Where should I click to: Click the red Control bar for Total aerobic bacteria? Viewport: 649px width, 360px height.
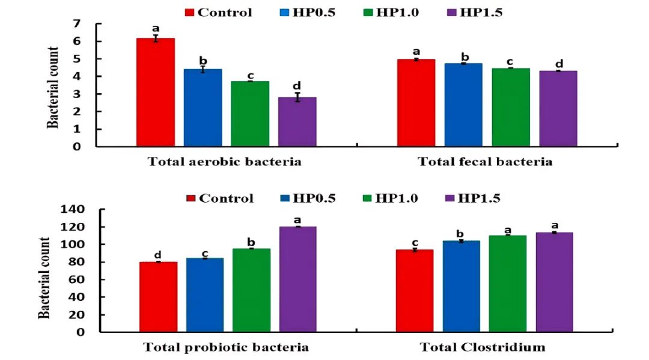[156, 93]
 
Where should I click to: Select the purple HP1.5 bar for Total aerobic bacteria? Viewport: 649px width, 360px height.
[297, 121]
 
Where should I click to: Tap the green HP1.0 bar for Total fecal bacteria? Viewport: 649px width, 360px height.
[511, 107]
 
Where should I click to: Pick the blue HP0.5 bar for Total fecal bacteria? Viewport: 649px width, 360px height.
[463, 105]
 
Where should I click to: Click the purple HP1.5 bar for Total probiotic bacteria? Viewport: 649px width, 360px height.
[298, 279]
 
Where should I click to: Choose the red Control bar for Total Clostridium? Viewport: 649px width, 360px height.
[415, 291]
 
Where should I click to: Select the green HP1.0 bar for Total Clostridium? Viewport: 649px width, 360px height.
[508, 284]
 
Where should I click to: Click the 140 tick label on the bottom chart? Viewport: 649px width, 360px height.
[73, 209]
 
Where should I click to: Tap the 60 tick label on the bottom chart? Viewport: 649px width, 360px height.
[76, 279]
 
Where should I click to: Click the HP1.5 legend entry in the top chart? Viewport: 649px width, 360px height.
[475, 13]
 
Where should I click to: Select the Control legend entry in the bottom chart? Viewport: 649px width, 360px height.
[220, 198]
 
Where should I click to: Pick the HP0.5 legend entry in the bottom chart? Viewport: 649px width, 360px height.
[308, 198]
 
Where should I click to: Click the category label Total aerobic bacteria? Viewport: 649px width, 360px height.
[225, 162]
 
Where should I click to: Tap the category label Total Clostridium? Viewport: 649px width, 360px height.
[483, 347]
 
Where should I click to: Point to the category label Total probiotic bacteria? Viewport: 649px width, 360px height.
[226, 347]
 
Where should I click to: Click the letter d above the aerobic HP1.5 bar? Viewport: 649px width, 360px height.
[297, 86]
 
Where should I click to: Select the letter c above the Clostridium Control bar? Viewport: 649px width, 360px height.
[415, 243]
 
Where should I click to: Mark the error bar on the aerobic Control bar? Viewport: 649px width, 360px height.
[156, 38]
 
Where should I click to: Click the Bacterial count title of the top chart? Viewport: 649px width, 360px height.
[52, 88]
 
